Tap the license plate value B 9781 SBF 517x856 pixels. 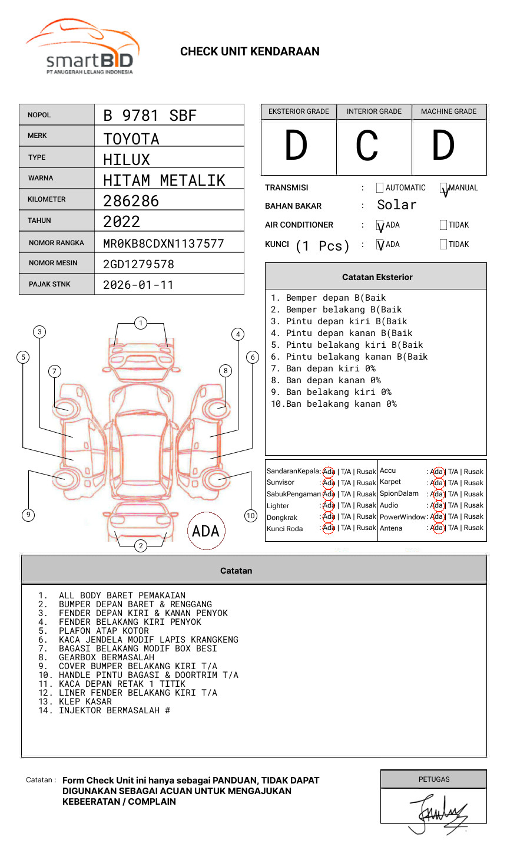tap(150, 116)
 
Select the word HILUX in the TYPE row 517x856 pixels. tap(127, 160)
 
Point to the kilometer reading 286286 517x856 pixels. tap(131, 201)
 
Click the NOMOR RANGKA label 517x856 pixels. tap(57, 243)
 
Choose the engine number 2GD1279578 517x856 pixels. tap(138, 264)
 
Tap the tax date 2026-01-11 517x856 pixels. tap(138, 285)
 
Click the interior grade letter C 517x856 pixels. tap(367, 146)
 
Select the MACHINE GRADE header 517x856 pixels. tap(449, 111)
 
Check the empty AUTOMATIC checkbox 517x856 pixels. tap(380, 188)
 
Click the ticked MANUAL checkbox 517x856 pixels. tap(443, 188)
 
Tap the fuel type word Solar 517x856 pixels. tap(396, 205)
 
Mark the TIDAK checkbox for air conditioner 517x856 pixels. tap(443, 225)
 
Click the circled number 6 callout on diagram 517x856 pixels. tap(253, 357)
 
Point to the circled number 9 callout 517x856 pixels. tap(28, 515)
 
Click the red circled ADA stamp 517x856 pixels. tap(206, 531)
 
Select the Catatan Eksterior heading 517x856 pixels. tap(377, 277)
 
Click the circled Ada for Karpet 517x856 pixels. tap(437, 483)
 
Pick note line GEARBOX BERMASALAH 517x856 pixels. tap(106, 657)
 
